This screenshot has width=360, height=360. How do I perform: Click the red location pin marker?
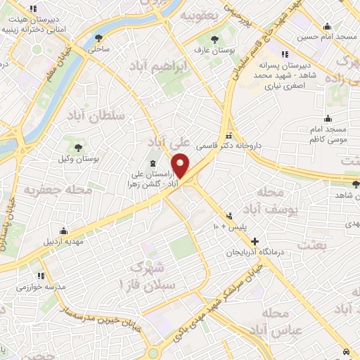coord(181,165)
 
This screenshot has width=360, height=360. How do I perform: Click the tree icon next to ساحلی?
coord(96,38)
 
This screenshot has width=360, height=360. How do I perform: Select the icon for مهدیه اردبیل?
coord(64,231)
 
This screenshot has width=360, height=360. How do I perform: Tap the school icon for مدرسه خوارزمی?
coord(41,276)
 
